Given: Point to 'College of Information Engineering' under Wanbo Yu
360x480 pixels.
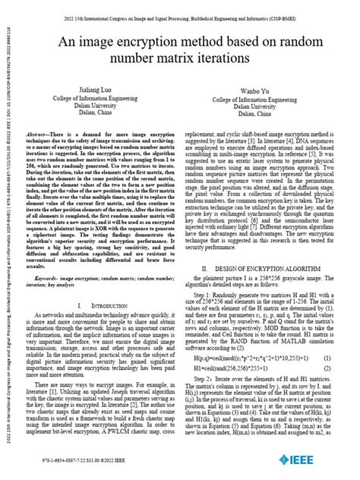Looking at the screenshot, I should point(264,101).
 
